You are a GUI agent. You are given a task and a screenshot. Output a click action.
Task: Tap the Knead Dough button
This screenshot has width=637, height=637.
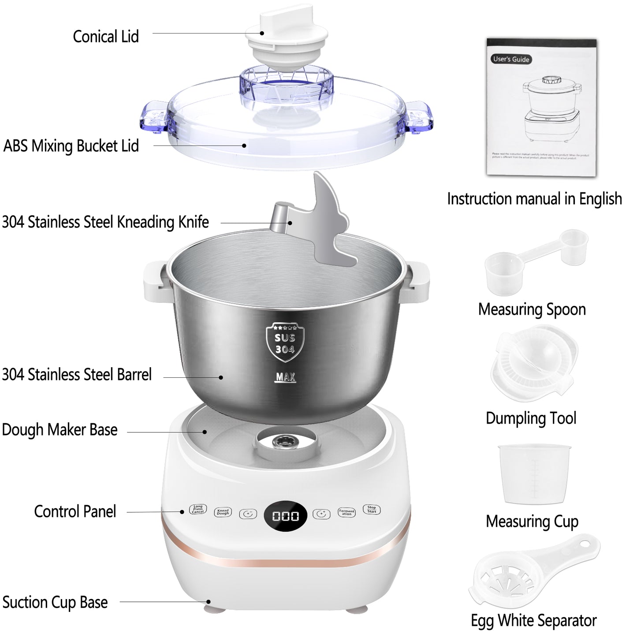[x=223, y=512]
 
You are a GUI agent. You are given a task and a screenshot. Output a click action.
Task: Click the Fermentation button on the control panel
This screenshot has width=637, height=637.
[x=346, y=512]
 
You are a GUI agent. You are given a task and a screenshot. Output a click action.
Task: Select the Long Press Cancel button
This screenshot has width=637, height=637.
[x=198, y=509]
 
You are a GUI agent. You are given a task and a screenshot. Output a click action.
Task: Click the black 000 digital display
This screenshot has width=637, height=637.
[x=285, y=516]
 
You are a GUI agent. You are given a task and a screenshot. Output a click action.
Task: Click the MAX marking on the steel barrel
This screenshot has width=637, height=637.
[x=285, y=377]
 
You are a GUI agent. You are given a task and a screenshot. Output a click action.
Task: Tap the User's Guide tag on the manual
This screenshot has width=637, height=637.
[x=511, y=59]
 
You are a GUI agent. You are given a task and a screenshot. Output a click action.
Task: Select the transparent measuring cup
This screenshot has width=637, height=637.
[x=534, y=474]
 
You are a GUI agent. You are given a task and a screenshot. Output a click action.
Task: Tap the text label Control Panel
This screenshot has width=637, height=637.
[x=75, y=511]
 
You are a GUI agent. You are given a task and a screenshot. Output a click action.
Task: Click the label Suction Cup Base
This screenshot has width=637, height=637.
[x=55, y=602]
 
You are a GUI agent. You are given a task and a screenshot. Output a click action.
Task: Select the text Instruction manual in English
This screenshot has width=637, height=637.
[x=534, y=199]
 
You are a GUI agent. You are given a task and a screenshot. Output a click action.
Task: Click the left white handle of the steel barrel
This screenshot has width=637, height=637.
[x=154, y=282]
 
